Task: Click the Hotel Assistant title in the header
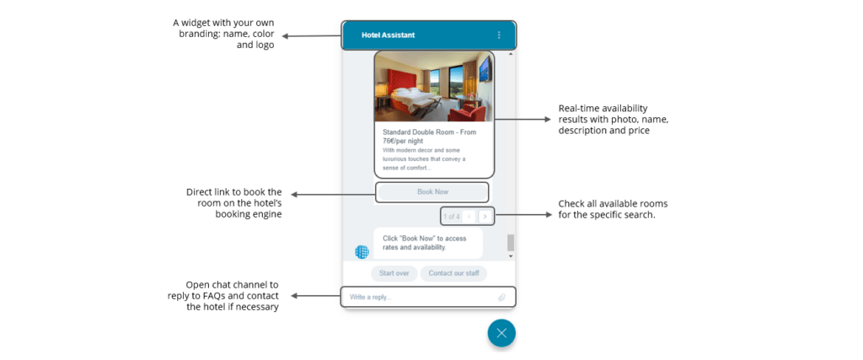point(388,35)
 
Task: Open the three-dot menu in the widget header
point(499,35)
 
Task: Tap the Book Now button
point(432,192)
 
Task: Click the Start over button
point(394,273)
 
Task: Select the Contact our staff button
point(453,273)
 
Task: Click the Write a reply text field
point(417,298)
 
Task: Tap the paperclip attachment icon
point(501,298)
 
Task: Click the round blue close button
point(501,333)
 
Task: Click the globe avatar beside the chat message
point(362,251)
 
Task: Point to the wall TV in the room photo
point(485,69)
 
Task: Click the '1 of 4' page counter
point(451,217)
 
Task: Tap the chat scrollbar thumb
point(510,243)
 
